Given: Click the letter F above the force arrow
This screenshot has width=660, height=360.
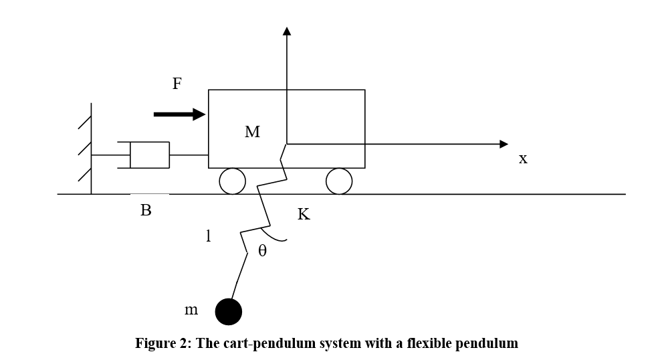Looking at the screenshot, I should tap(177, 84).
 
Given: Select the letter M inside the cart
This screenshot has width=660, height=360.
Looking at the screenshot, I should tap(252, 132).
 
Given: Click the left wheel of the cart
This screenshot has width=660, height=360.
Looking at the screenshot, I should tap(233, 181).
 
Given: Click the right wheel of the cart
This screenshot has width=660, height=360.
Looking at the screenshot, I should tap(339, 181).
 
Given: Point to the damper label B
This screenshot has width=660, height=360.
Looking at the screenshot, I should tap(146, 210).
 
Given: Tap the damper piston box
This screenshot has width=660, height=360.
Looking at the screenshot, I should tap(149, 155).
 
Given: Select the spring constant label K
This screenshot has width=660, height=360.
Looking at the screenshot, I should tap(304, 214).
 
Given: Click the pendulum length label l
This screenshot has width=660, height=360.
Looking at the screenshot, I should tap(208, 236).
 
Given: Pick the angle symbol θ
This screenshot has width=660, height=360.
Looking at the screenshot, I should tap(262, 251).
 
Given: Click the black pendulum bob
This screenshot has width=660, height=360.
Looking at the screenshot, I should tap(228, 311).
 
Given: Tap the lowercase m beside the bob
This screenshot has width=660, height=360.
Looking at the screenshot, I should tap(191, 310).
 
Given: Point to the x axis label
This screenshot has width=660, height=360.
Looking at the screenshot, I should tap(523, 159).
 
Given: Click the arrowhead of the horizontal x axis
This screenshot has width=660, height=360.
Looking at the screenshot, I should tap(504, 144).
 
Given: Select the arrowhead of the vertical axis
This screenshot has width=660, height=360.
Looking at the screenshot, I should tap(287, 31).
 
